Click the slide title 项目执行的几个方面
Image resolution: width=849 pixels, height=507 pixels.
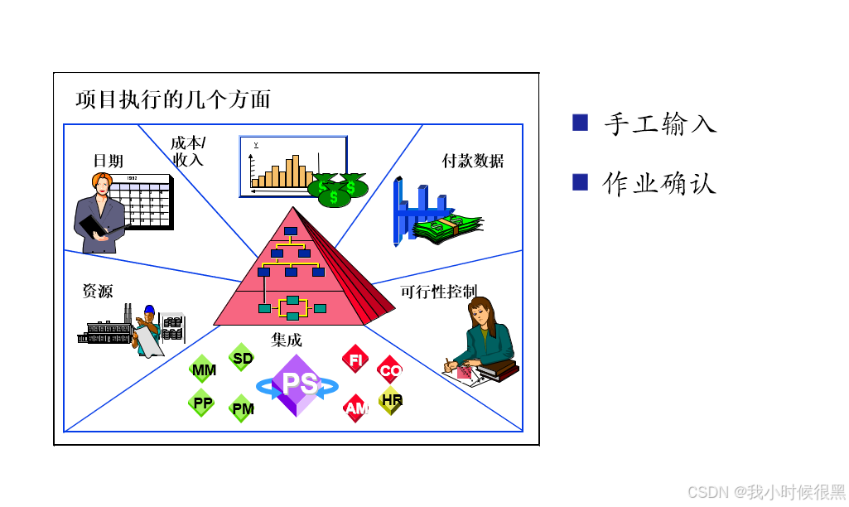[173, 100]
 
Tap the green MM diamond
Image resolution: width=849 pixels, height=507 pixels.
[203, 369]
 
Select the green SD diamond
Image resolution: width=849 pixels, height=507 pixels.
[242, 358]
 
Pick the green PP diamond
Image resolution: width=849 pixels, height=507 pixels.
[201, 403]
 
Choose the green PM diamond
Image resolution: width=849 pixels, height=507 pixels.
[242, 408]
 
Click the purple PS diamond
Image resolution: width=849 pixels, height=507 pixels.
[297, 384]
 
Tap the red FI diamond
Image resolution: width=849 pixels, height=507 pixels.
[356, 360]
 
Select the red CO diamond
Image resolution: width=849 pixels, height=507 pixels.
[390, 369]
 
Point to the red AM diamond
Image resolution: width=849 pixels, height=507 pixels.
[356, 408]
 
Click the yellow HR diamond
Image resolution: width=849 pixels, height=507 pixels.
[391, 400]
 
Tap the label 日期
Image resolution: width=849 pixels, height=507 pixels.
[109, 161]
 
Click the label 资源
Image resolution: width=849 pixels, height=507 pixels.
[98, 291]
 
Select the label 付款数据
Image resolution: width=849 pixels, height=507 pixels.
[472, 161]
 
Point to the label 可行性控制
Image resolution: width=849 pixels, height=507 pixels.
[438, 292]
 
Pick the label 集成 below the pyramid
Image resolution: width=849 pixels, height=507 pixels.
[287, 340]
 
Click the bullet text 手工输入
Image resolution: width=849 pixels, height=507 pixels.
[660, 124]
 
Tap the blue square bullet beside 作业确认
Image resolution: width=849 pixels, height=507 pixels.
[580, 181]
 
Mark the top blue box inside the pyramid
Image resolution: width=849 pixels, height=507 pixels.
[291, 231]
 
